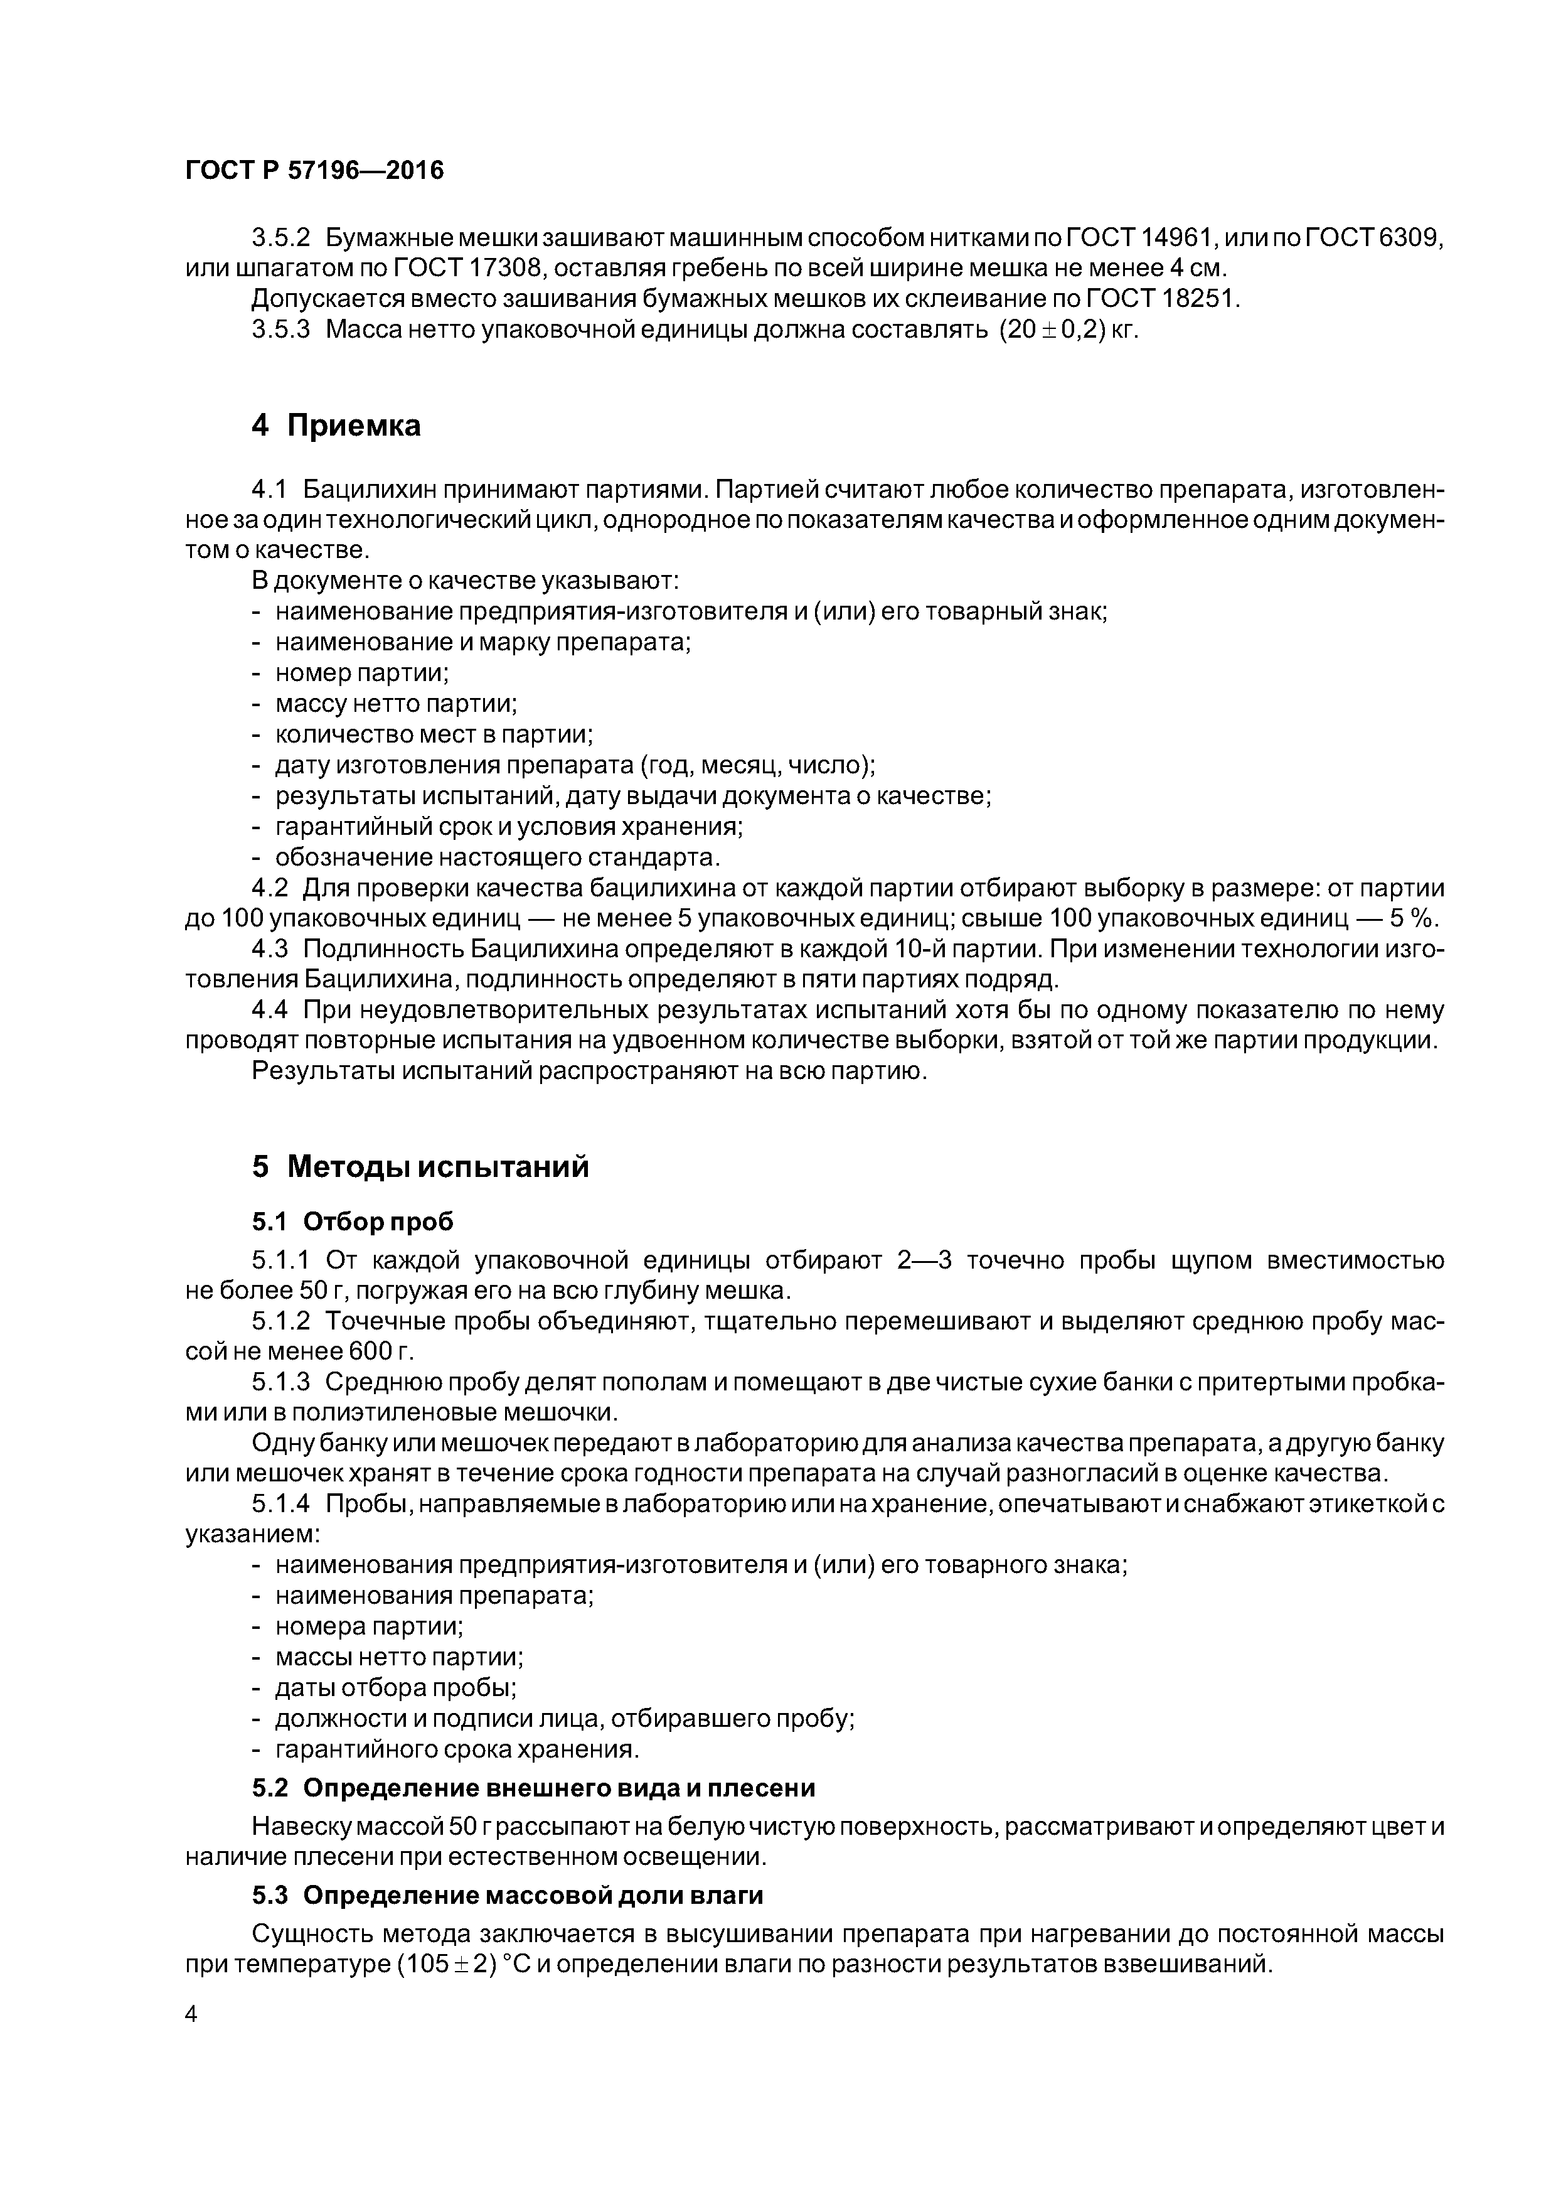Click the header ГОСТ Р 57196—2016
314,171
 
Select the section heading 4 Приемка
336,425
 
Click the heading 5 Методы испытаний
420,1167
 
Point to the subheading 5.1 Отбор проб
352,1222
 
